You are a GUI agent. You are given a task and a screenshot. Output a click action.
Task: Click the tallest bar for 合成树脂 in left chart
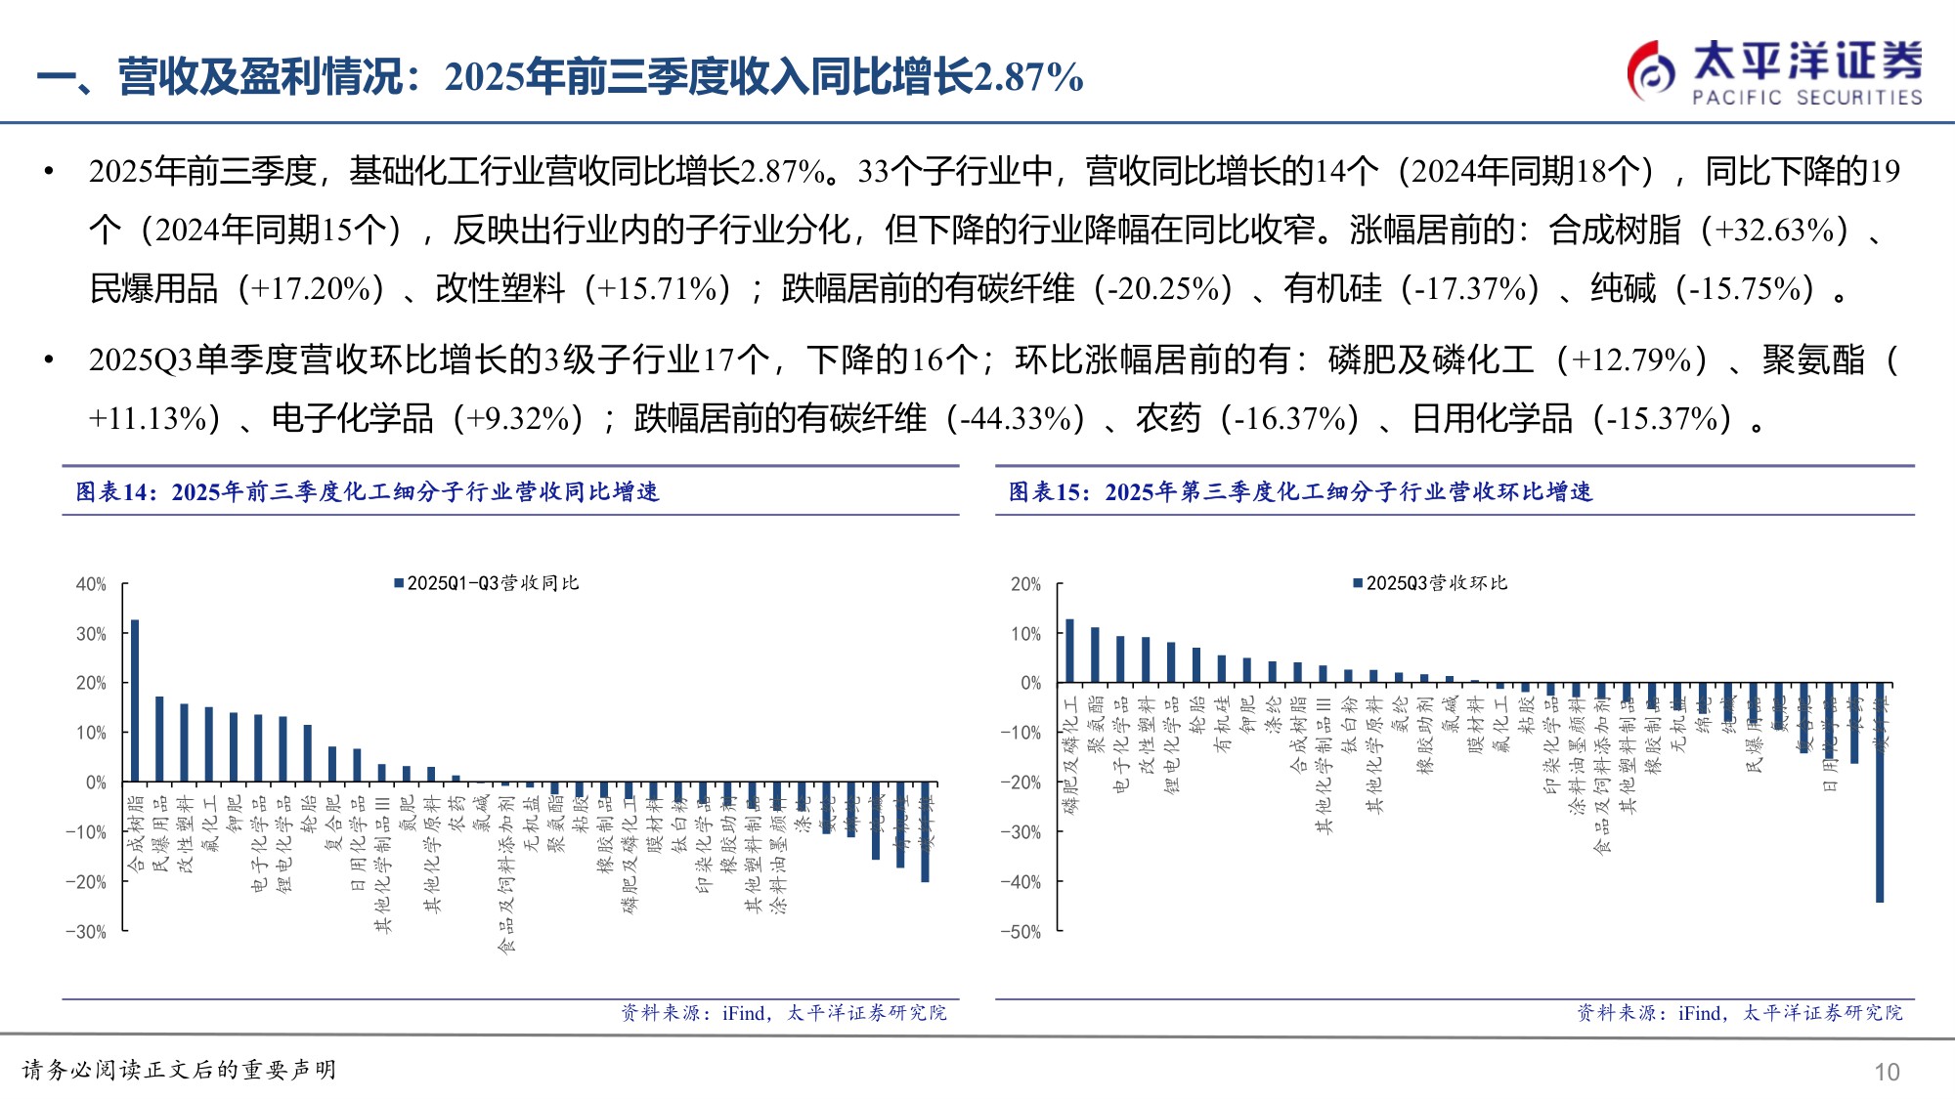(x=135, y=700)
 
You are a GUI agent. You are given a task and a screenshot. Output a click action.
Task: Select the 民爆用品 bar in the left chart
(x=159, y=739)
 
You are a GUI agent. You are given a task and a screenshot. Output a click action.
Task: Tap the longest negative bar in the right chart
(x=1880, y=791)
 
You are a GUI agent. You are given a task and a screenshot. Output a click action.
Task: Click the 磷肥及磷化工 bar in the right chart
(x=1069, y=651)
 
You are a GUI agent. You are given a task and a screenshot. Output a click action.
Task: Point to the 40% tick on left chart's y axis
(x=91, y=584)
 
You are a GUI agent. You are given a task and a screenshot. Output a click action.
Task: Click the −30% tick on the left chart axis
(x=86, y=932)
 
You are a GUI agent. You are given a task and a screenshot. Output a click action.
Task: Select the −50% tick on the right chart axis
(x=1021, y=932)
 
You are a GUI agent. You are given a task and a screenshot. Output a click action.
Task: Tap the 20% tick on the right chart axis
(x=1025, y=584)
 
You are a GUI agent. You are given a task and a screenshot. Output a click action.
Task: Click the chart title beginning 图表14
(x=368, y=491)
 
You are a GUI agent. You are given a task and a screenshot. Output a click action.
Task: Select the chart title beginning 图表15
(x=1300, y=491)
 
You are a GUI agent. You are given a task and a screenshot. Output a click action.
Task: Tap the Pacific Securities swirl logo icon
(x=1651, y=70)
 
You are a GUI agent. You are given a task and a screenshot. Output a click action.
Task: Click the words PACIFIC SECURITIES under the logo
(x=1806, y=98)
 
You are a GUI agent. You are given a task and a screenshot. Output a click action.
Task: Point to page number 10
(x=1887, y=1073)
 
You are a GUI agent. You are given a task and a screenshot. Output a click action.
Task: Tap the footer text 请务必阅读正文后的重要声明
(x=180, y=1071)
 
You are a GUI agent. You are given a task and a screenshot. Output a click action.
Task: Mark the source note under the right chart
(x=1739, y=1013)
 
